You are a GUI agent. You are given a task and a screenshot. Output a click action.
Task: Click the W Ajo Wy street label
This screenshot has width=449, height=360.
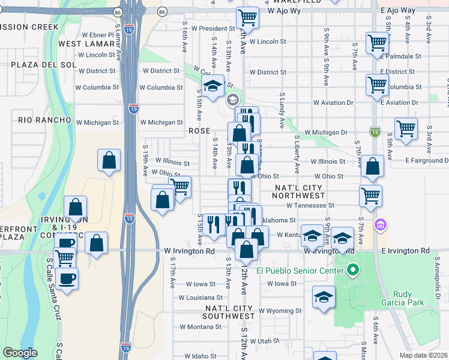point(283,11)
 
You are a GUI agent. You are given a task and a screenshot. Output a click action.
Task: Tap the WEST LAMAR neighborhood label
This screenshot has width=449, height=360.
point(86,44)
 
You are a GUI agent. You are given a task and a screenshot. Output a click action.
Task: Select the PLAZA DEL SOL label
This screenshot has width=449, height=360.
point(38,64)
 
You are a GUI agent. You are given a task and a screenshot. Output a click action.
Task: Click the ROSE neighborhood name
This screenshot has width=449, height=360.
point(199,130)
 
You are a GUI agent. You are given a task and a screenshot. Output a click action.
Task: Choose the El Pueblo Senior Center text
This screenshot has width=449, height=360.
point(299,270)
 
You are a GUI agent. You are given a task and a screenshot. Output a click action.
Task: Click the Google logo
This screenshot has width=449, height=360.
point(20,353)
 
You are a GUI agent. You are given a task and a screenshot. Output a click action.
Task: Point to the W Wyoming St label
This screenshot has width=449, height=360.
point(280,311)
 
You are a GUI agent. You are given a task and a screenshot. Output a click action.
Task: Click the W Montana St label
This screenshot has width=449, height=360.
point(200,326)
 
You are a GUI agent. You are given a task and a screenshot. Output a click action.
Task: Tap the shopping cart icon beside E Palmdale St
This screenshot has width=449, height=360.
point(377,44)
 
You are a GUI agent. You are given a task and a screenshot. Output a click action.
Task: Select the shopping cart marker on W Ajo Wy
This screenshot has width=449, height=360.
point(247,17)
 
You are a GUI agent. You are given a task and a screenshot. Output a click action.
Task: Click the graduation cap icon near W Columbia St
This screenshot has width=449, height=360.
point(212,86)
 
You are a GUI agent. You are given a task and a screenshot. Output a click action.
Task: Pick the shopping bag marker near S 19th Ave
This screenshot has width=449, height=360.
point(109,160)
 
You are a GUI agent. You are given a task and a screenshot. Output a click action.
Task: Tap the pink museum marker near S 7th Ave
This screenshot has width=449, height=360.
point(380,226)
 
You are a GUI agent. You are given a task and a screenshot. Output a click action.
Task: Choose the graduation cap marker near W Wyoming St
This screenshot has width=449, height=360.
point(324,297)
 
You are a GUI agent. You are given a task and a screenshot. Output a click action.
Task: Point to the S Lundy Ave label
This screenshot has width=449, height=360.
point(281,110)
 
